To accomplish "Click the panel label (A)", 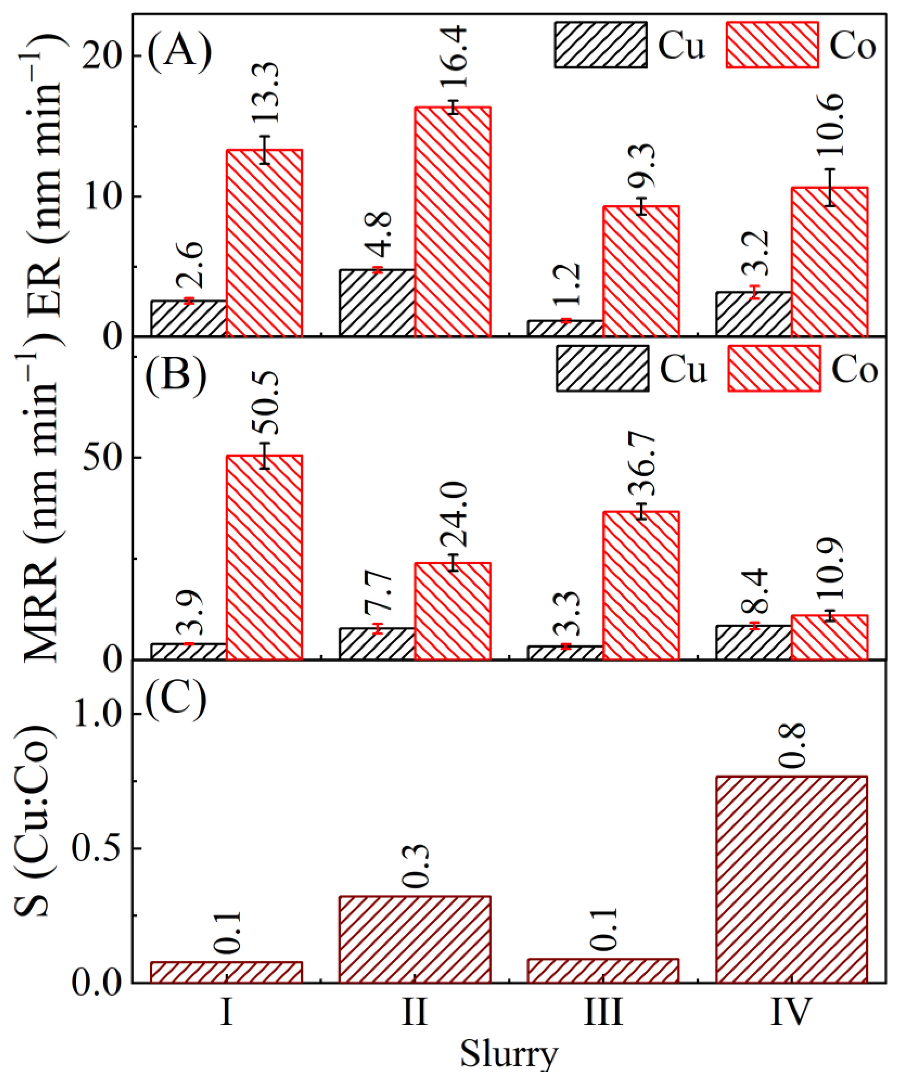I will coord(179,52).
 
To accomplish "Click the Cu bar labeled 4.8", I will coord(377,303).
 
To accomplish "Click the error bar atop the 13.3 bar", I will coord(265,150).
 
